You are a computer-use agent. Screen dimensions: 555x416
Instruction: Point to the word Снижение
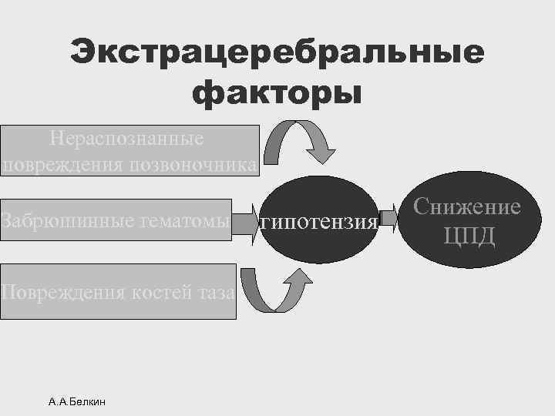467,206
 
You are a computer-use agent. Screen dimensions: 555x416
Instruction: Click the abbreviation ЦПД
469,234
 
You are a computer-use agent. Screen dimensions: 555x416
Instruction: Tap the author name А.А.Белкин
77,401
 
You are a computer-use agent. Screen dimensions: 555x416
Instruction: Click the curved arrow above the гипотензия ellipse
304,139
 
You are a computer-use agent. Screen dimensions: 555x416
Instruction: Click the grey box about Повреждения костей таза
118,291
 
